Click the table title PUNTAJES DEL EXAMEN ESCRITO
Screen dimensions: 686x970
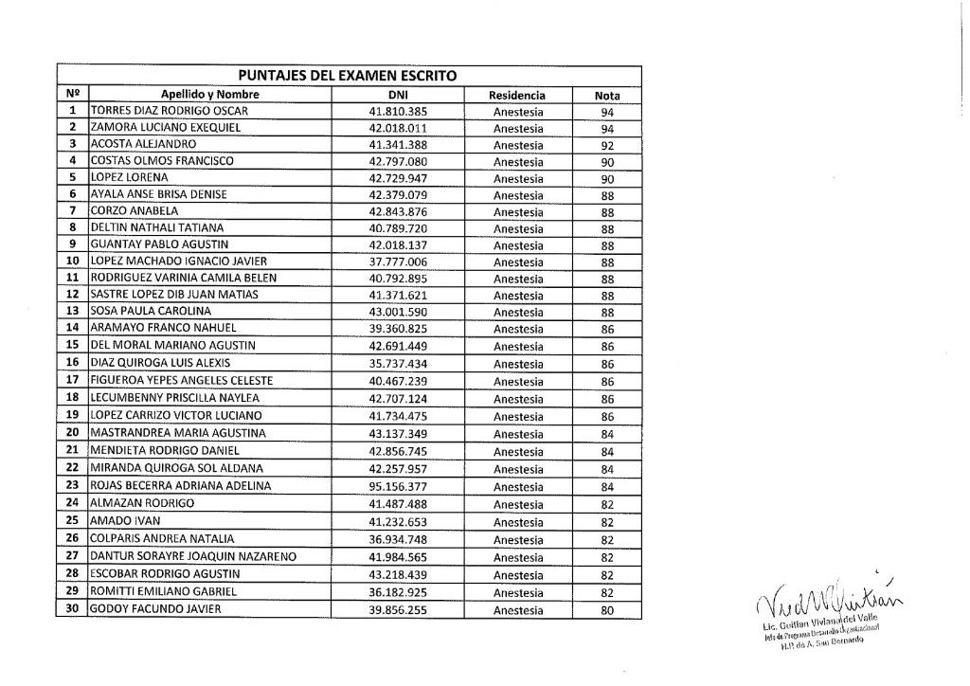[347, 75]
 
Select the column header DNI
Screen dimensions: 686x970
[397, 95]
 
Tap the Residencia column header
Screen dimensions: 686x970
[517, 95]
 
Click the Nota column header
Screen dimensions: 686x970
[607, 95]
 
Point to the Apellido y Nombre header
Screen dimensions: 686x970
[210, 95]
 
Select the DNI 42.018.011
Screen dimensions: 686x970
[398, 128]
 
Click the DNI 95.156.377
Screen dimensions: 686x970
[398, 486]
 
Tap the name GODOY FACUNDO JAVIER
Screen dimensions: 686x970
[155, 609]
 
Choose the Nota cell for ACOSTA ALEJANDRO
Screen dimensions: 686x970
[607, 145]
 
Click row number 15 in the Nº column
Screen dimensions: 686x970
[72, 346]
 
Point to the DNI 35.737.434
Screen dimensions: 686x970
[398, 363]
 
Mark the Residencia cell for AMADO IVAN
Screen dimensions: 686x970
[518, 522]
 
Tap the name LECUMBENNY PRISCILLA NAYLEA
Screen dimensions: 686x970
[174, 398]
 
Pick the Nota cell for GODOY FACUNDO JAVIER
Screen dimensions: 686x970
[607, 610]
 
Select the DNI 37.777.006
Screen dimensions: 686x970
[398, 262]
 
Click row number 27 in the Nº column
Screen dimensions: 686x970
[72, 556]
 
